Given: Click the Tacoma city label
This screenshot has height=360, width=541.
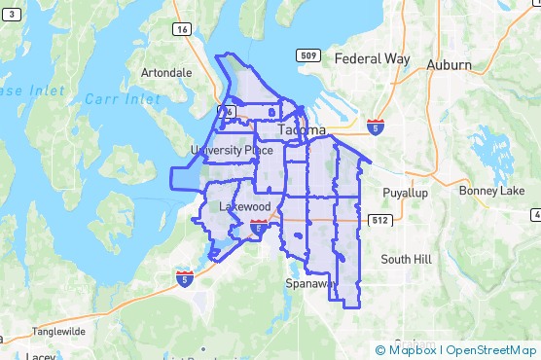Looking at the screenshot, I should tap(302, 129).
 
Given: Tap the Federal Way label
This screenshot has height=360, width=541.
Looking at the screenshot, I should tap(372, 58).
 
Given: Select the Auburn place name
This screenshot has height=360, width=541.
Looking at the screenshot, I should tap(449, 64).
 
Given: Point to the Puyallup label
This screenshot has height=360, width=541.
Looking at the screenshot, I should tap(406, 193).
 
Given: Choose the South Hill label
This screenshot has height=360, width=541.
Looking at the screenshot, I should tap(406, 259).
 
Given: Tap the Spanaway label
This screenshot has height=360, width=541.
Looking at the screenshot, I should tap(311, 283).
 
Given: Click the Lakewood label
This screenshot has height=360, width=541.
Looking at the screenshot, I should tap(244, 207).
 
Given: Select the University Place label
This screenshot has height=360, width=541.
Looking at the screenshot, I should tap(232, 150).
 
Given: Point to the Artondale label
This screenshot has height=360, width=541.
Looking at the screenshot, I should tap(166, 73).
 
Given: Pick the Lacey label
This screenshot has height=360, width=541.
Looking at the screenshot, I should tap(41, 356).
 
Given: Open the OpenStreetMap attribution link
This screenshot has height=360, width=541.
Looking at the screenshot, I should tap(490, 350).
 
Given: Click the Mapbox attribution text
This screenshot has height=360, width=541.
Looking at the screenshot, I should tap(413, 350).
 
